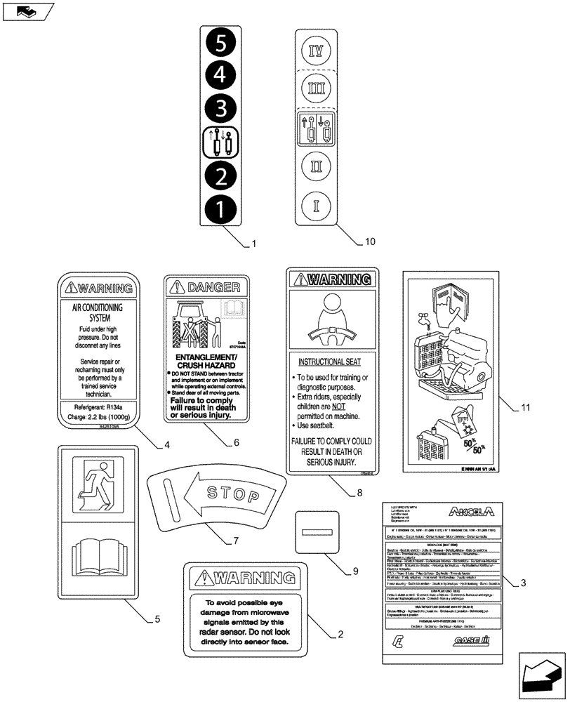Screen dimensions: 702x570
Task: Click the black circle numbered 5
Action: (220, 44)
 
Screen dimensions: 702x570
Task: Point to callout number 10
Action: (370, 241)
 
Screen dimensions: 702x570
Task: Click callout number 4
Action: (167, 444)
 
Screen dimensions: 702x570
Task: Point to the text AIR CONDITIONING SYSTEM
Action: (98, 312)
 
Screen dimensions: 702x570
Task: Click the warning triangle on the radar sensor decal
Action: (204, 578)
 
